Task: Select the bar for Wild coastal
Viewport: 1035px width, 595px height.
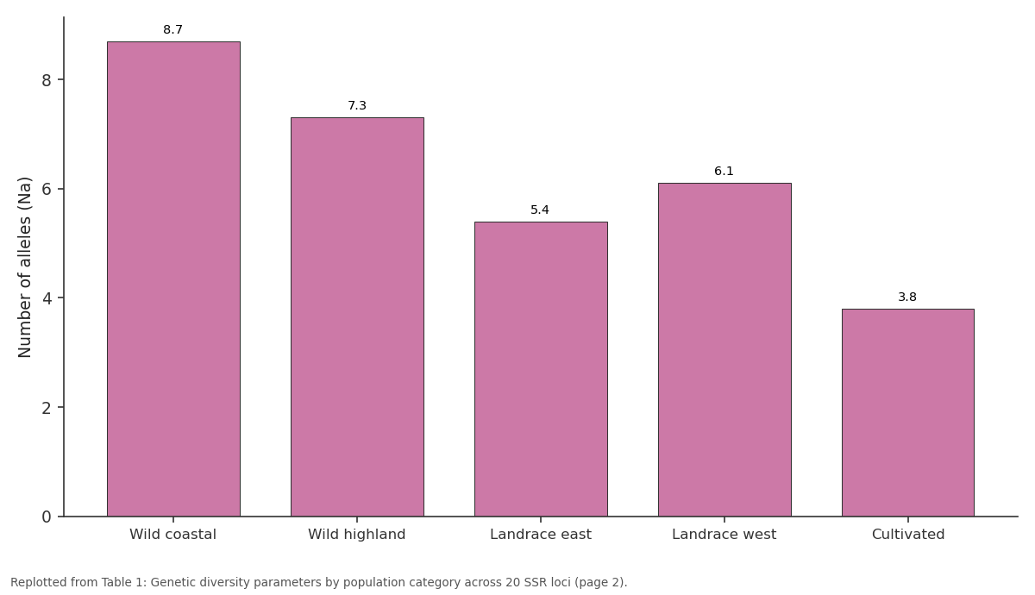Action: pyautogui.click(x=173, y=279)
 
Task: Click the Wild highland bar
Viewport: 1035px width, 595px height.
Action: pyautogui.click(x=357, y=317)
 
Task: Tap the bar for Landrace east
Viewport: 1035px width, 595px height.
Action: pyautogui.click(x=541, y=369)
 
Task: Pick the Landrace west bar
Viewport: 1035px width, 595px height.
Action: pyautogui.click(x=724, y=350)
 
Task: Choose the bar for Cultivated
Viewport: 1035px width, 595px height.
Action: pyautogui.click(x=908, y=412)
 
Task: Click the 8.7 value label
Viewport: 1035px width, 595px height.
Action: pyautogui.click(x=172, y=29)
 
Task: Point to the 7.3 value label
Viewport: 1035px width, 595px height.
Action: pyautogui.click(x=357, y=106)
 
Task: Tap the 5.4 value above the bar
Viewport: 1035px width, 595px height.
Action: pyautogui.click(x=540, y=210)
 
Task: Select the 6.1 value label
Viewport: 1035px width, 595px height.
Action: pyautogui.click(x=724, y=171)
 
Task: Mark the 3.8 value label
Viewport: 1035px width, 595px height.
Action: pyautogui.click(x=907, y=297)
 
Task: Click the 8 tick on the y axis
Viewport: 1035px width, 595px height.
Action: pyautogui.click(x=47, y=80)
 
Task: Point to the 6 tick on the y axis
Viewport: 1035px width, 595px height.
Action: pyautogui.click(x=47, y=190)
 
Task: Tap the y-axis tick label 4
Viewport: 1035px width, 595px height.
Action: pyautogui.click(x=47, y=298)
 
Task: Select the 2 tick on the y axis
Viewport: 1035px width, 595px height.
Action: pyautogui.click(x=47, y=408)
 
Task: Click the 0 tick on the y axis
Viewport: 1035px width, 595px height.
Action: pyautogui.click(x=47, y=517)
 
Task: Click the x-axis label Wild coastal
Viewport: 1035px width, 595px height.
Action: pyautogui.click(x=172, y=535)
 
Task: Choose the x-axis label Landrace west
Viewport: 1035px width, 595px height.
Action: pyautogui.click(x=724, y=535)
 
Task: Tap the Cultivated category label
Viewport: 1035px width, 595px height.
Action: pyautogui.click(x=908, y=535)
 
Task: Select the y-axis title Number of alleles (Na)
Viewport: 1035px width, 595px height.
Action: pyautogui.click(x=24, y=267)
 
